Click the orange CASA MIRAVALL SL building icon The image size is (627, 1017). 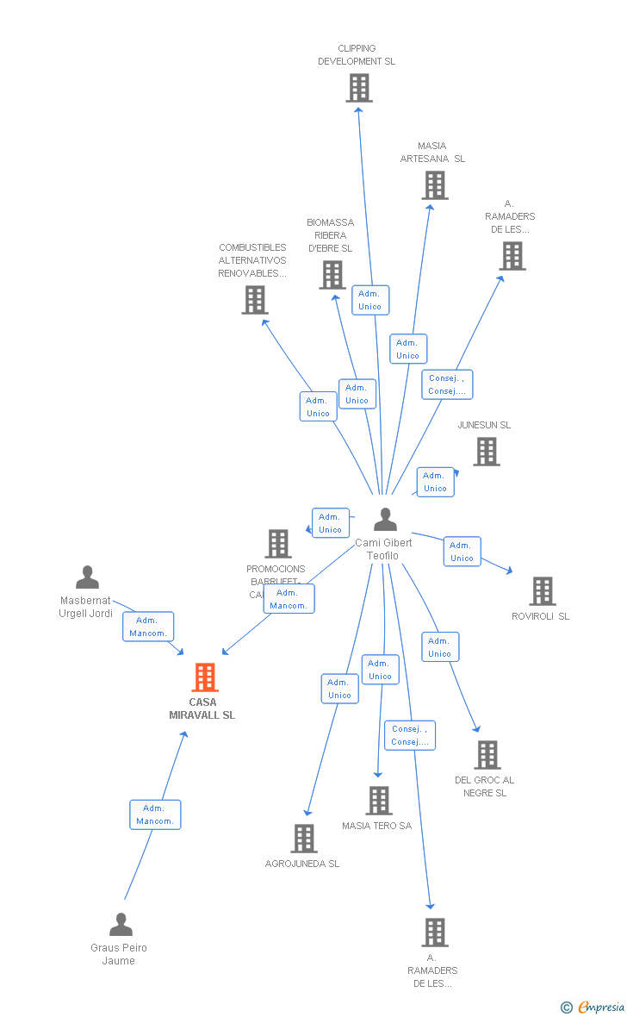point(204,677)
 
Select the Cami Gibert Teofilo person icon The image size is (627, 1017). point(385,520)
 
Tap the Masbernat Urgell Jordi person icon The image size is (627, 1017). point(87,577)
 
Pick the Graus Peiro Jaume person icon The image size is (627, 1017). point(121,925)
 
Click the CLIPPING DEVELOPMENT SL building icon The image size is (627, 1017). point(358,88)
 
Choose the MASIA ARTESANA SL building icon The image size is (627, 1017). point(434,185)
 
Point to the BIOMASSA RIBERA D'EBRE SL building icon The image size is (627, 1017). point(332,275)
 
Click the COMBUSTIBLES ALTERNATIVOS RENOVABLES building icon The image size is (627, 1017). point(254,300)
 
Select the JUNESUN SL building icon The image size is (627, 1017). point(486,452)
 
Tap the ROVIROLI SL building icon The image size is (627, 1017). point(542,591)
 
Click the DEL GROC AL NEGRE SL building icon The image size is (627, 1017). point(487,755)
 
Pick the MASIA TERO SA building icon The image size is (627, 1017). point(378,801)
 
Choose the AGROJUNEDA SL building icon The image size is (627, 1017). point(303,839)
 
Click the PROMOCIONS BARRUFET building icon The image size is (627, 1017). point(277,544)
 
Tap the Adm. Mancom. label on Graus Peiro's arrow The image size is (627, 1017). point(155,814)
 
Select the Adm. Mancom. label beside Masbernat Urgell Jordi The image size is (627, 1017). point(148,627)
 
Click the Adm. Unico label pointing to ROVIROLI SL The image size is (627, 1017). point(462,552)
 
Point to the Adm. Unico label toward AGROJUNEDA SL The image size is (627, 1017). point(339,689)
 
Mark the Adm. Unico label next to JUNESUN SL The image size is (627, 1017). point(435,482)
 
